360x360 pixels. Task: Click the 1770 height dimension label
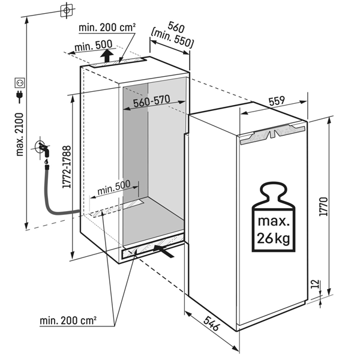pos(323,206)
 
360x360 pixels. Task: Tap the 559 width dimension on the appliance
pos(277,101)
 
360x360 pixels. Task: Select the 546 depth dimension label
pos(212,323)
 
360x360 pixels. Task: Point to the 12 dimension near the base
pos(316,284)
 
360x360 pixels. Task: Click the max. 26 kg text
pos(273,230)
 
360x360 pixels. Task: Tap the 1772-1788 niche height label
pos(67,167)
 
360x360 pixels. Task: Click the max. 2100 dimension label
pos(20,134)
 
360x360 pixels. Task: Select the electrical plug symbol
pos(20,97)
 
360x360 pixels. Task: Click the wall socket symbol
pos(20,83)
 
